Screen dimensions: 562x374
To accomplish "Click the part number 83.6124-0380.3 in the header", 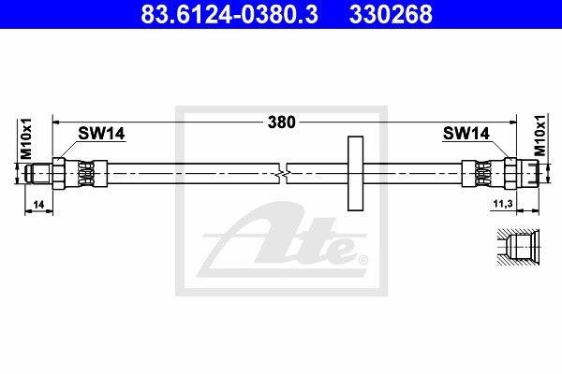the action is (229, 14).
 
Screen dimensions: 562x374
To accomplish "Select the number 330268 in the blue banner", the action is (391, 14).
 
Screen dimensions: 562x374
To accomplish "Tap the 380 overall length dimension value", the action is (282, 122).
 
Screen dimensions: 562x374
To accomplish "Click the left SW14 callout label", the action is (101, 134).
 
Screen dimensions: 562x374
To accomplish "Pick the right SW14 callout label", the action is (466, 134).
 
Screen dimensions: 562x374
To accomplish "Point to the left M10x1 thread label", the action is (26, 139).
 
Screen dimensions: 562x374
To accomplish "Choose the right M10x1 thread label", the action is (540, 136).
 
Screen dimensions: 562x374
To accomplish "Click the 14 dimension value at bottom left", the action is (38, 205).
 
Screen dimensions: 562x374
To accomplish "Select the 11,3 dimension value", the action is (503, 204).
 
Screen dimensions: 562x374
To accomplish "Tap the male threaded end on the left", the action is (38, 174).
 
